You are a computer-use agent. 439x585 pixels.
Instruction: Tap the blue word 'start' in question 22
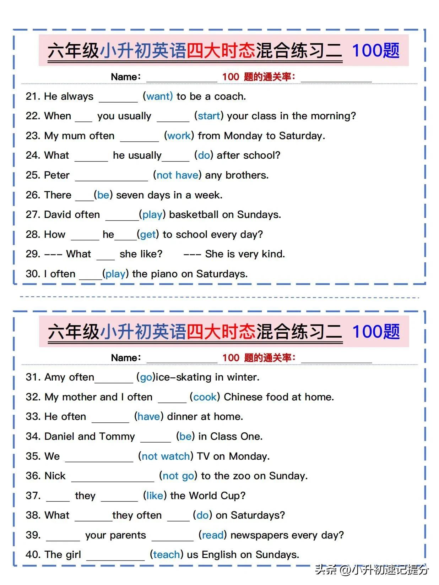[209, 116]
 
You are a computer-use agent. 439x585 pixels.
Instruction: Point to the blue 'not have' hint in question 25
[177, 175]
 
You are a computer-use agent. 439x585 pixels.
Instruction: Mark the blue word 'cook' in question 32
[205, 397]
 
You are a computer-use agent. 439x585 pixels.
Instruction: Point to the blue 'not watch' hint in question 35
[166, 456]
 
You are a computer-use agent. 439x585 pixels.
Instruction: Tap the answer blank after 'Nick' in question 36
[113, 476]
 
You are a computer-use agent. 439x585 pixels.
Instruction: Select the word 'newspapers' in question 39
[259, 535]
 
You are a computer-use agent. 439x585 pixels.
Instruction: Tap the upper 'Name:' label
[126, 77]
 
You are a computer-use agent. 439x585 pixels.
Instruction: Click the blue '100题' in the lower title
[376, 332]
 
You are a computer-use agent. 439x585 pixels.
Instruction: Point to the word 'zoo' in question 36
[242, 476]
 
